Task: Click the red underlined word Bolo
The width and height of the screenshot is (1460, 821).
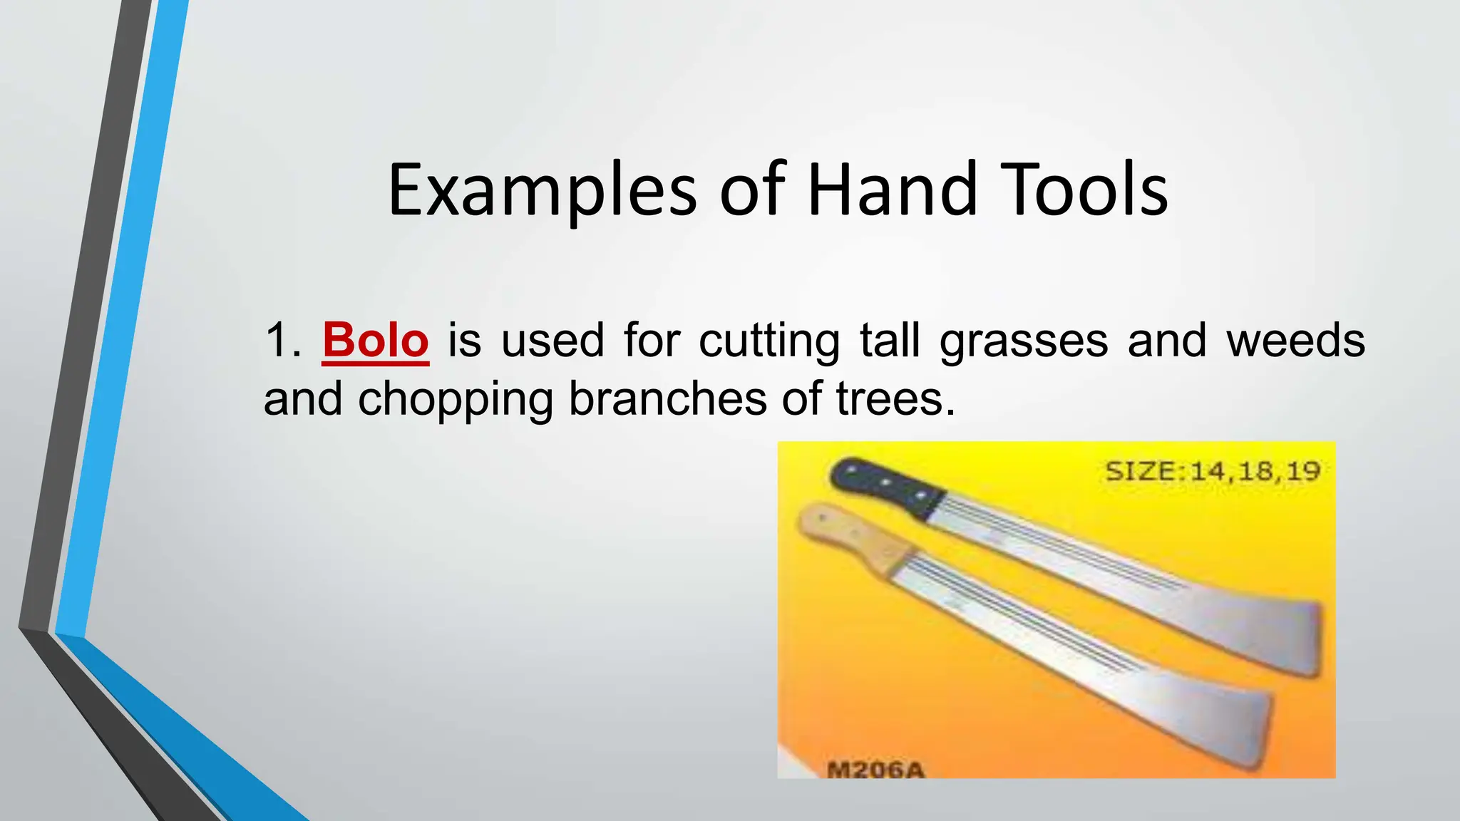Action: (x=375, y=340)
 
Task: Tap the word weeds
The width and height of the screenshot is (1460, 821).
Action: (x=1295, y=340)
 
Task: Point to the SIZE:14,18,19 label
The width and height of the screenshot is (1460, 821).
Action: (x=1213, y=471)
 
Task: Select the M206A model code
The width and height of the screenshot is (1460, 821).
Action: (x=875, y=770)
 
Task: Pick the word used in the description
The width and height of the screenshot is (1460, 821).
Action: (x=552, y=340)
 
